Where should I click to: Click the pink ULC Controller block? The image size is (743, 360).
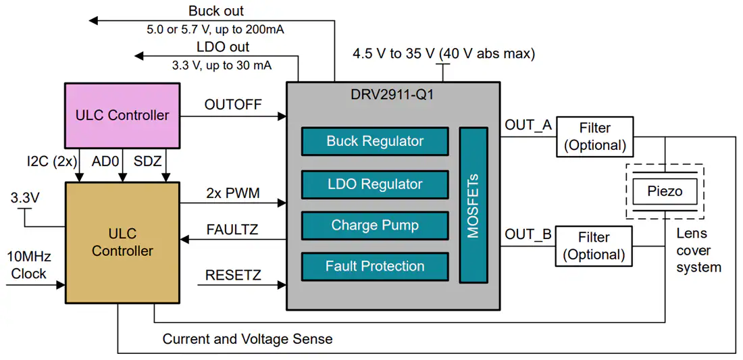coord(122,115)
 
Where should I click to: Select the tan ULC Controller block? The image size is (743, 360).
coord(122,242)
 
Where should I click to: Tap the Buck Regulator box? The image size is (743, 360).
coord(375,141)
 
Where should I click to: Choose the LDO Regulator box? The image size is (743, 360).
coord(375,184)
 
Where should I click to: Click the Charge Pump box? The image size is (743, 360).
coord(375,226)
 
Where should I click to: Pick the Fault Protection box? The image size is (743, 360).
coord(375,266)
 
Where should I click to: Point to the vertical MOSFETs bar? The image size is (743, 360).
coord(473,205)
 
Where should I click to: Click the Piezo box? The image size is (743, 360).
coord(665,191)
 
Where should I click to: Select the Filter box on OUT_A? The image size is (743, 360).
coord(594,136)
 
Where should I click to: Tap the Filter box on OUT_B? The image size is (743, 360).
coord(594,246)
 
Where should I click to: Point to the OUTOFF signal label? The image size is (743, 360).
coord(233,105)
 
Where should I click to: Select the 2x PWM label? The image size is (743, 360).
coord(233,192)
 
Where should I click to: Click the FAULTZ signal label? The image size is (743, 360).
coord(233,230)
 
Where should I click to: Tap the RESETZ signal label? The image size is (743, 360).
coord(233,275)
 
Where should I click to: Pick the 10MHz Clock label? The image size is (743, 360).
coord(28,265)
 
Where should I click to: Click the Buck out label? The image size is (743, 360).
coord(216,11)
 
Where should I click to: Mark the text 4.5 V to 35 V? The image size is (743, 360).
coord(394,54)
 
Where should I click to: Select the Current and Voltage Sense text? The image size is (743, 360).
coord(247,339)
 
